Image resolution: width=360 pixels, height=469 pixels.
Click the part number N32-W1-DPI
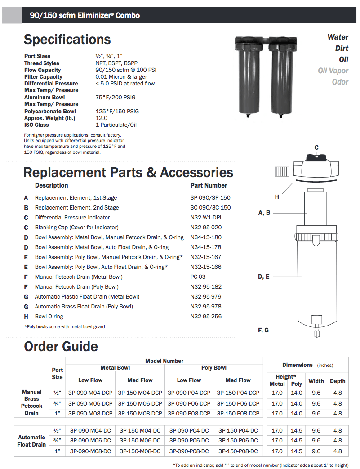(206, 218)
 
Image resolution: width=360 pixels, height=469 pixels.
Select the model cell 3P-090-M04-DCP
(90, 393)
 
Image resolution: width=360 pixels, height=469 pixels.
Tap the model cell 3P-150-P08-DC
(238, 451)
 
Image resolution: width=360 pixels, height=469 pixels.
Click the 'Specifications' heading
(67, 40)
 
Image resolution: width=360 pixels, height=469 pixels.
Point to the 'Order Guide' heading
(61, 347)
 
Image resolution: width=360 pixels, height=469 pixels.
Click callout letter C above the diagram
(316, 148)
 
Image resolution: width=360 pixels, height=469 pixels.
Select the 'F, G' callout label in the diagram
(263, 330)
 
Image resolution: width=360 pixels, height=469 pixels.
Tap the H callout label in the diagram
(277, 197)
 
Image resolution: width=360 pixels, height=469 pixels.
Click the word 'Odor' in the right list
(340, 82)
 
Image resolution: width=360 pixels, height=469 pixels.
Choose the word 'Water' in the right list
(338, 37)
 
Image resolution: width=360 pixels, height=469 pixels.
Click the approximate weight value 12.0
(102, 118)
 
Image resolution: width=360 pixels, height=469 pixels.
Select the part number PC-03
(198, 277)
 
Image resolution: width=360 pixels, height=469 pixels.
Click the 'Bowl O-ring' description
(49, 317)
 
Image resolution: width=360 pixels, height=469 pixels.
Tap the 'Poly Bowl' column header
(214, 368)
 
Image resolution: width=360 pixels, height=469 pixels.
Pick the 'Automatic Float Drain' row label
(31, 441)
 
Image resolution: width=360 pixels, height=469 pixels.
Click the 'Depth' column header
(338, 381)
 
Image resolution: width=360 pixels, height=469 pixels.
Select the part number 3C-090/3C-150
(210, 208)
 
